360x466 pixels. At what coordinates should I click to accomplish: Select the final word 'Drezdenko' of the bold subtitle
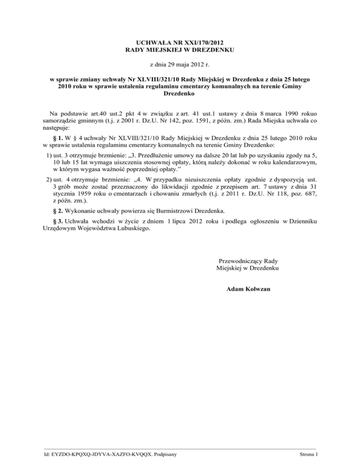point(180,94)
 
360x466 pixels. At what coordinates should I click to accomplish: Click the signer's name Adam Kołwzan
point(248,289)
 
